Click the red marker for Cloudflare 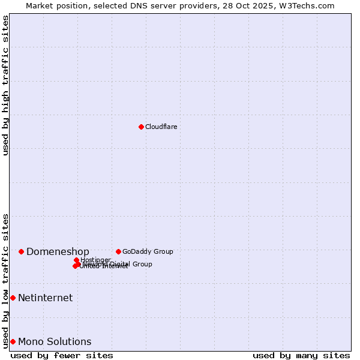tap(141, 127)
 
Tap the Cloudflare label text tap(161, 127)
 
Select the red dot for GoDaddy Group tap(118, 251)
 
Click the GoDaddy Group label tap(148, 251)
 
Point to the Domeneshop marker tap(21, 251)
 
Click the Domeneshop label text tap(58, 251)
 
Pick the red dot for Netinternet tap(13, 298)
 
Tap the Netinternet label tap(45, 298)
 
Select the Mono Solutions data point tap(13, 341)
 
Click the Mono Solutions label tap(55, 341)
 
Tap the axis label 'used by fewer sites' tap(62, 355)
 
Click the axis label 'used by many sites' tap(301, 355)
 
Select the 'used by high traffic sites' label tap(5, 85)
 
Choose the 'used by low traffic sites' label tap(5, 280)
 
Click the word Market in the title tap(40, 5)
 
